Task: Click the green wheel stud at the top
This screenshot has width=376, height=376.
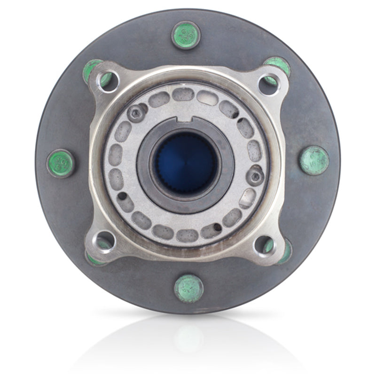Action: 186,35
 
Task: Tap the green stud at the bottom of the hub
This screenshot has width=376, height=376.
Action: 188,288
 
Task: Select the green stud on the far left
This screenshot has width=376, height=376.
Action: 61,163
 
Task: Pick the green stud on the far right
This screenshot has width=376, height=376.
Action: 314,160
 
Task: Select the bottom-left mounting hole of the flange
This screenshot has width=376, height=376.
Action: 104,243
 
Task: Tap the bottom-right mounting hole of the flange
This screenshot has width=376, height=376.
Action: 265,244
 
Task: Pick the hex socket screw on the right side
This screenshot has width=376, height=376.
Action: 255,176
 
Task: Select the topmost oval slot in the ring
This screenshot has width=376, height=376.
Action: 183,94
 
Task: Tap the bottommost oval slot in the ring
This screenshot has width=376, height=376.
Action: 188,235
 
